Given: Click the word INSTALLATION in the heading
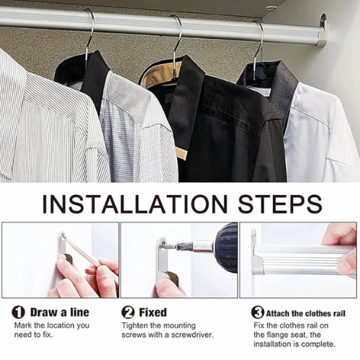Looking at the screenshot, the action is (x=135, y=204).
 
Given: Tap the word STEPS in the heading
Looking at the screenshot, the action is (x=280, y=204).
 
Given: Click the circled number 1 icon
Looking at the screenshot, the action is (x=18, y=312).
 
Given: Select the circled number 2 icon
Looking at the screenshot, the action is (x=128, y=312).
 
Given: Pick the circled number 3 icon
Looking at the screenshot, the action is (x=258, y=312).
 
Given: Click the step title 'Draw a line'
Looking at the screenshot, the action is (x=60, y=312).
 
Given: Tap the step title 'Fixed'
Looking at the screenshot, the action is (x=153, y=312).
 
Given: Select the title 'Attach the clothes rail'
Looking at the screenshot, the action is (x=305, y=313).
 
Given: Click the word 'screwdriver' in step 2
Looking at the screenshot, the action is (x=192, y=335).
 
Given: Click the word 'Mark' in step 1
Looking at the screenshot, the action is (x=23, y=325).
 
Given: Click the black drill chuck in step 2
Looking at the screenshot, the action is (x=225, y=247).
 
